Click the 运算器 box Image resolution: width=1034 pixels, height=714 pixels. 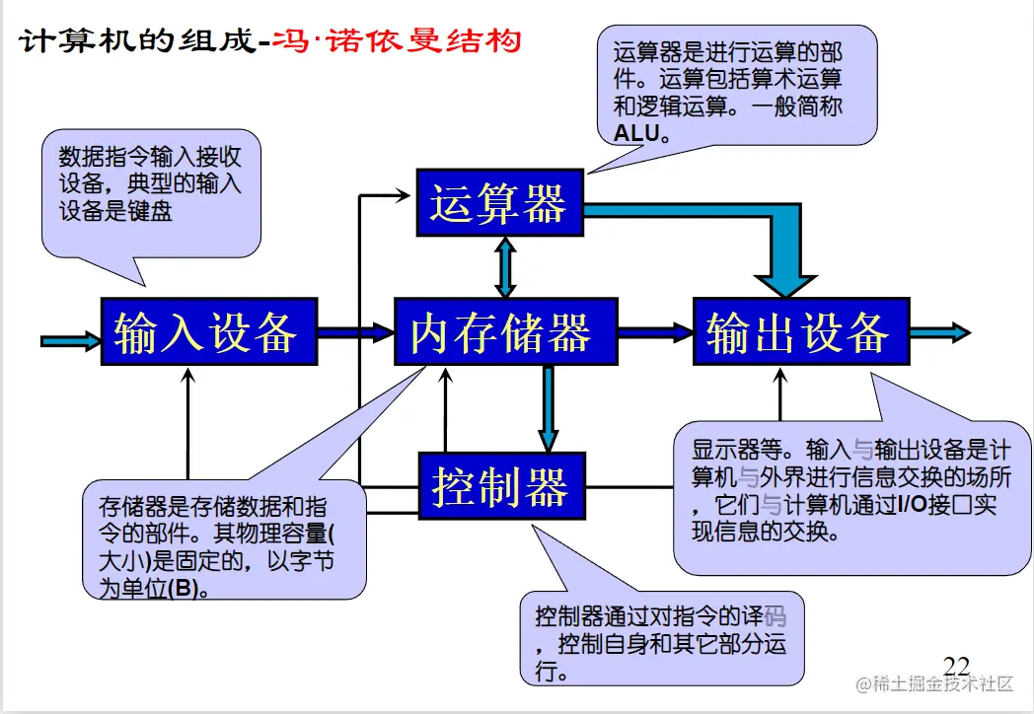click(x=498, y=203)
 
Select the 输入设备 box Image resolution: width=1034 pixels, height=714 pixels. click(x=209, y=332)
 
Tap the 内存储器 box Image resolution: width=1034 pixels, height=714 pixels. click(x=504, y=332)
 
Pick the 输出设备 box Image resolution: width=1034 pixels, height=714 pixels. click(x=800, y=332)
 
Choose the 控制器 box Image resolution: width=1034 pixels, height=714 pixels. click(x=501, y=486)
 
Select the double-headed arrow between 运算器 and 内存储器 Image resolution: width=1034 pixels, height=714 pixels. click(x=505, y=267)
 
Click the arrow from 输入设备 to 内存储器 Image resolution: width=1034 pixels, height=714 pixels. click(x=356, y=333)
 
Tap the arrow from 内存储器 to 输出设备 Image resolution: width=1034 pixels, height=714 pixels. click(x=655, y=333)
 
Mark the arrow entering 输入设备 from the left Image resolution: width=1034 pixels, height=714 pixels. click(x=71, y=340)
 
